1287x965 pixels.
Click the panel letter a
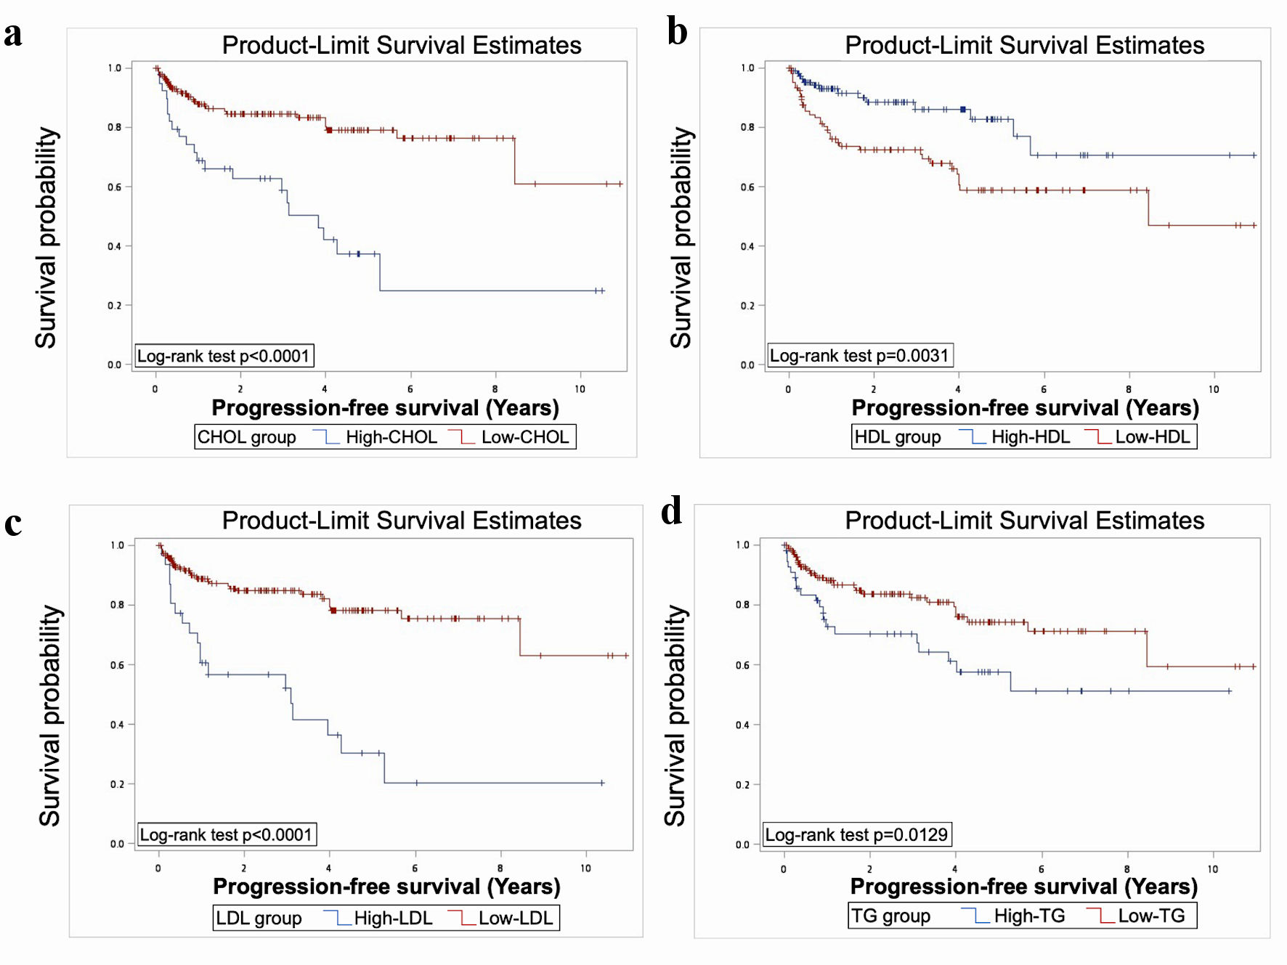(x=13, y=34)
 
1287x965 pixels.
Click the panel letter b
(x=677, y=33)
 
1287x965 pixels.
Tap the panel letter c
(x=13, y=524)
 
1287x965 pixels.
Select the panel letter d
(x=672, y=510)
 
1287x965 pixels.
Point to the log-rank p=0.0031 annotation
(x=859, y=356)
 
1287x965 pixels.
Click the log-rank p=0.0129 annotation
(x=856, y=835)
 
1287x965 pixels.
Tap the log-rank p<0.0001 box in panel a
(x=224, y=356)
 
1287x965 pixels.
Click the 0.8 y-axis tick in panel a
(x=115, y=128)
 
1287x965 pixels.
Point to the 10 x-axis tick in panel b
(x=1214, y=389)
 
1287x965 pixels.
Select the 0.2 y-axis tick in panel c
(x=117, y=784)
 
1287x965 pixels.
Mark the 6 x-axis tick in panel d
(x=1041, y=869)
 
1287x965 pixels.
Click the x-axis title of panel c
(x=386, y=887)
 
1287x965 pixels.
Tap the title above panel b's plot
(x=1024, y=45)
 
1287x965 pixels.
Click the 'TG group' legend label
(x=890, y=916)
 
